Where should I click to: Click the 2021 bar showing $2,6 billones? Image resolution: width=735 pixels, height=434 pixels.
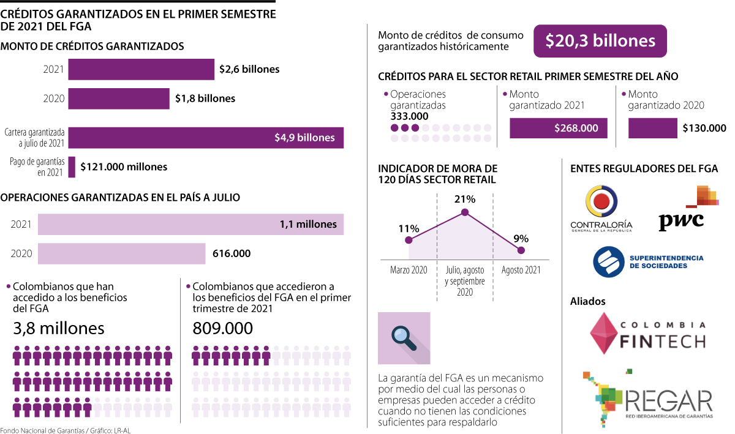click(x=141, y=69)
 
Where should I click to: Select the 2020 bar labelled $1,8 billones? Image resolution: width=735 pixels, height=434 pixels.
click(x=118, y=99)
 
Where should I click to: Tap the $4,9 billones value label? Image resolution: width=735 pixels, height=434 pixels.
click(x=304, y=138)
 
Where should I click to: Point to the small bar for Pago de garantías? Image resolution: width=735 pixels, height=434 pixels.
click(x=72, y=166)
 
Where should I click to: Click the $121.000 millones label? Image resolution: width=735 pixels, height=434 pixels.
click(x=124, y=166)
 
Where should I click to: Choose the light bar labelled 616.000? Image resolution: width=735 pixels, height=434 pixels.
click(x=121, y=253)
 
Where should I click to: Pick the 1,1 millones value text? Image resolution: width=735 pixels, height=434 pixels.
click(x=308, y=224)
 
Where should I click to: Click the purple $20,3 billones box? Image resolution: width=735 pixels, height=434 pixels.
click(x=600, y=41)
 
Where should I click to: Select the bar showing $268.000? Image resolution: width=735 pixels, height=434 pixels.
click(x=558, y=128)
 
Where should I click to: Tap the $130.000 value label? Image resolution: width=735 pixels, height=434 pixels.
click(x=704, y=128)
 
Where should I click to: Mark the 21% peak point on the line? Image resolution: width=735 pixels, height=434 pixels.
click(x=465, y=212)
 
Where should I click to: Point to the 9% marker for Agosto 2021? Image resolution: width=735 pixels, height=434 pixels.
click(x=521, y=250)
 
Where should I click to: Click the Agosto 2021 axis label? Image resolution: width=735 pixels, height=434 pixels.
click(x=521, y=270)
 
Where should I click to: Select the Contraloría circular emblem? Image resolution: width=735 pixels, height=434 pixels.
click(x=601, y=201)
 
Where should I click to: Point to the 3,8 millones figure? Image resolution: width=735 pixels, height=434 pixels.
click(x=59, y=329)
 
